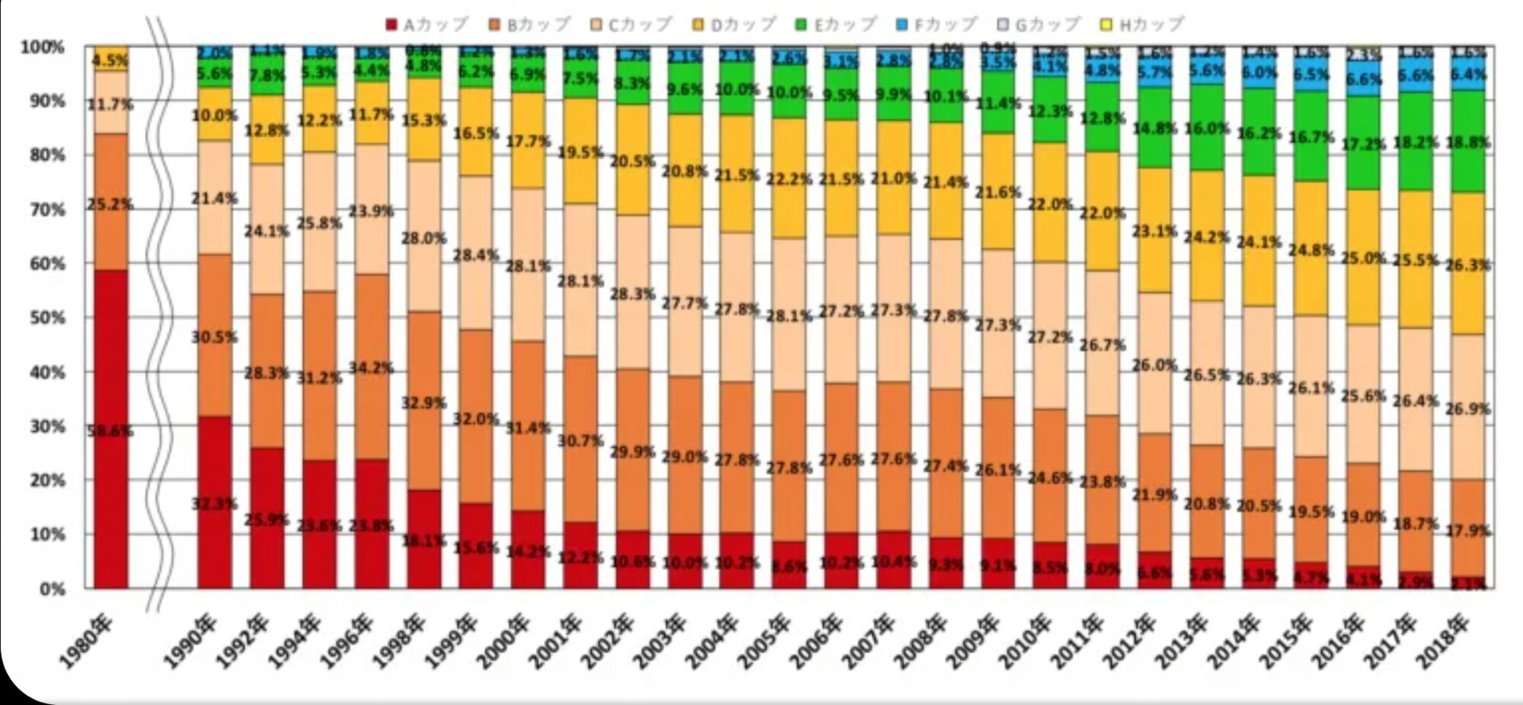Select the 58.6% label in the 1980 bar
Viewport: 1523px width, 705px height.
(110, 431)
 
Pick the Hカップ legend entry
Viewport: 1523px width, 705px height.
(1142, 25)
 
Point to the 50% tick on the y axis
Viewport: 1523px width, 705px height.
(46, 317)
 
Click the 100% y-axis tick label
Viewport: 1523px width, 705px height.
(43, 47)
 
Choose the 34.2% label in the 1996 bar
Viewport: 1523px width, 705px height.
(371, 368)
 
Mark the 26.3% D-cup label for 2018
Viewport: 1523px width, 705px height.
(1468, 266)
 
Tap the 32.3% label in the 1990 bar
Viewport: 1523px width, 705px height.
(214, 503)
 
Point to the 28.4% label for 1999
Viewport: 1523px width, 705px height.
(476, 255)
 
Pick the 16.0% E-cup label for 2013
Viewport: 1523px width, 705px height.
(1207, 128)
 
